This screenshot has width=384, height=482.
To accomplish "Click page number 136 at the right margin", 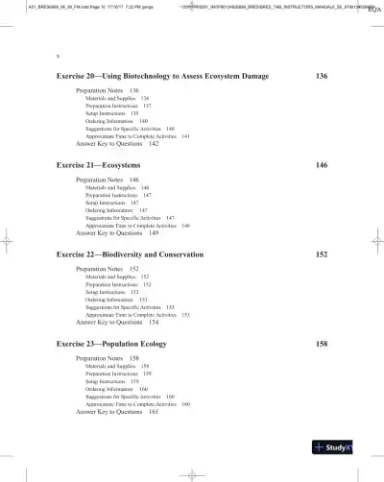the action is (x=322, y=74).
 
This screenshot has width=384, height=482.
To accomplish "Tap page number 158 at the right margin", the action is (x=322, y=343).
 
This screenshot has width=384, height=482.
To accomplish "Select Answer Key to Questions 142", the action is (x=117, y=144).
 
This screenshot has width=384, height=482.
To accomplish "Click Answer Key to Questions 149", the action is (x=117, y=232).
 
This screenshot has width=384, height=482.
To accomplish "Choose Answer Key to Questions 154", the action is (x=117, y=323).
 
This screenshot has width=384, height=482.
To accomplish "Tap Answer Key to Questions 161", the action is (x=117, y=412).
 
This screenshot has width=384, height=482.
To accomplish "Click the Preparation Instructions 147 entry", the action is (x=118, y=195).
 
